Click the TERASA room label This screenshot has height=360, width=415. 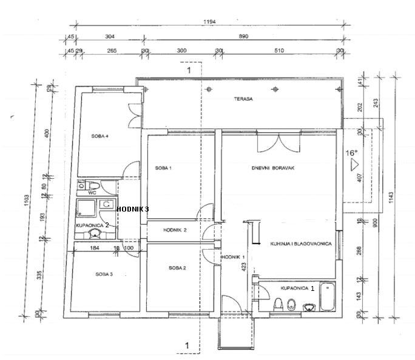click(244, 98)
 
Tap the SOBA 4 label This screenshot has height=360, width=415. click(100, 136)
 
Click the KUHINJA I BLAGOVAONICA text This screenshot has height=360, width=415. click(300, 244)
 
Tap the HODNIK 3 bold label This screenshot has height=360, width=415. click(132, 208)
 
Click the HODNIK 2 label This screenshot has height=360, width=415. click(175, 230)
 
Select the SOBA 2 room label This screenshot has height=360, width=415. click(177, 267)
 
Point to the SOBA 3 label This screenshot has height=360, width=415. click(104, 275)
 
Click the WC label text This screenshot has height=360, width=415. click(92, 193)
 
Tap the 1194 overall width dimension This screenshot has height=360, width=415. click(210, 21)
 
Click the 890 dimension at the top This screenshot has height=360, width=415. click(243, 36)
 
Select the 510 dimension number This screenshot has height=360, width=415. click(278, 51)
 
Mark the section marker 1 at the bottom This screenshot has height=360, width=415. click(188, 346)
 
